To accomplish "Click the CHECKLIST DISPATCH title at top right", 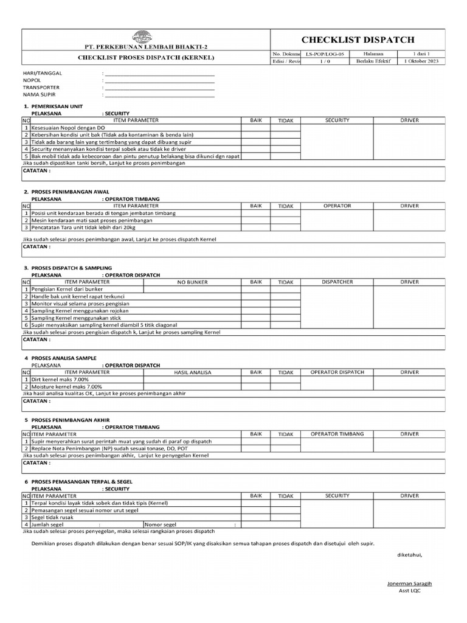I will (x=357, y=40).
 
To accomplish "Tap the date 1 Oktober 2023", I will (x=421, y=61).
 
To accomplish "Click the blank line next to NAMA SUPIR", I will (x=159, y=95).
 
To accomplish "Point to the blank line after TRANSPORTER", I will (x=159, y=88).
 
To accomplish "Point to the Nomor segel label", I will (x=161, y=524).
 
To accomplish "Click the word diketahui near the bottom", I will (x=409, y=554).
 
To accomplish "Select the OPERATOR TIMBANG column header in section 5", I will (x=337, y=434).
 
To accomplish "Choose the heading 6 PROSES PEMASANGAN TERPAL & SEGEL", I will (x=78, y=481).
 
